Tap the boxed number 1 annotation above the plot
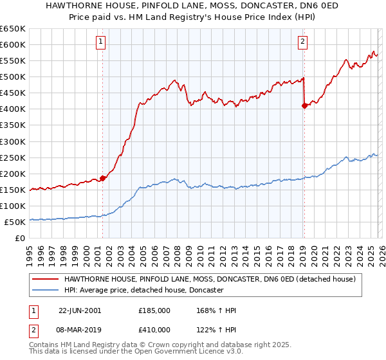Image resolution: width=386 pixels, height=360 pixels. [x=102, y=42]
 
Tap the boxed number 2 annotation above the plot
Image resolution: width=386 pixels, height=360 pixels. [x=302, y=42]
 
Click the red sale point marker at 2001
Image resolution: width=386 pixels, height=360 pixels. [x=103, y=178]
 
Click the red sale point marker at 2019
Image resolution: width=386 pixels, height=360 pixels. [x=304, y=106]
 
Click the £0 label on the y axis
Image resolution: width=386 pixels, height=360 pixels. [x=19, y=238]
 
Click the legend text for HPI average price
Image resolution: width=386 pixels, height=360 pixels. [x=143, y=291]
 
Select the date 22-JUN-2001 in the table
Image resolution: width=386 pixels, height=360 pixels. [x=80, y=310]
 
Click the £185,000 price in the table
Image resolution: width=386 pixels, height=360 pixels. [x=154, y=310]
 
